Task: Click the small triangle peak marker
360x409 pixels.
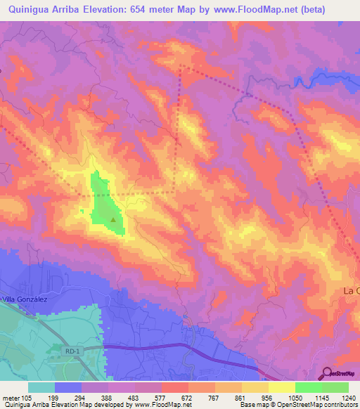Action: coord(114,219)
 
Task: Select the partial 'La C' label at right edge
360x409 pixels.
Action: coord(351,290)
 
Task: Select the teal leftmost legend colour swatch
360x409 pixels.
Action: coord(41,387)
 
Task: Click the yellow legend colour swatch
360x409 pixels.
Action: coord(282,387)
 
